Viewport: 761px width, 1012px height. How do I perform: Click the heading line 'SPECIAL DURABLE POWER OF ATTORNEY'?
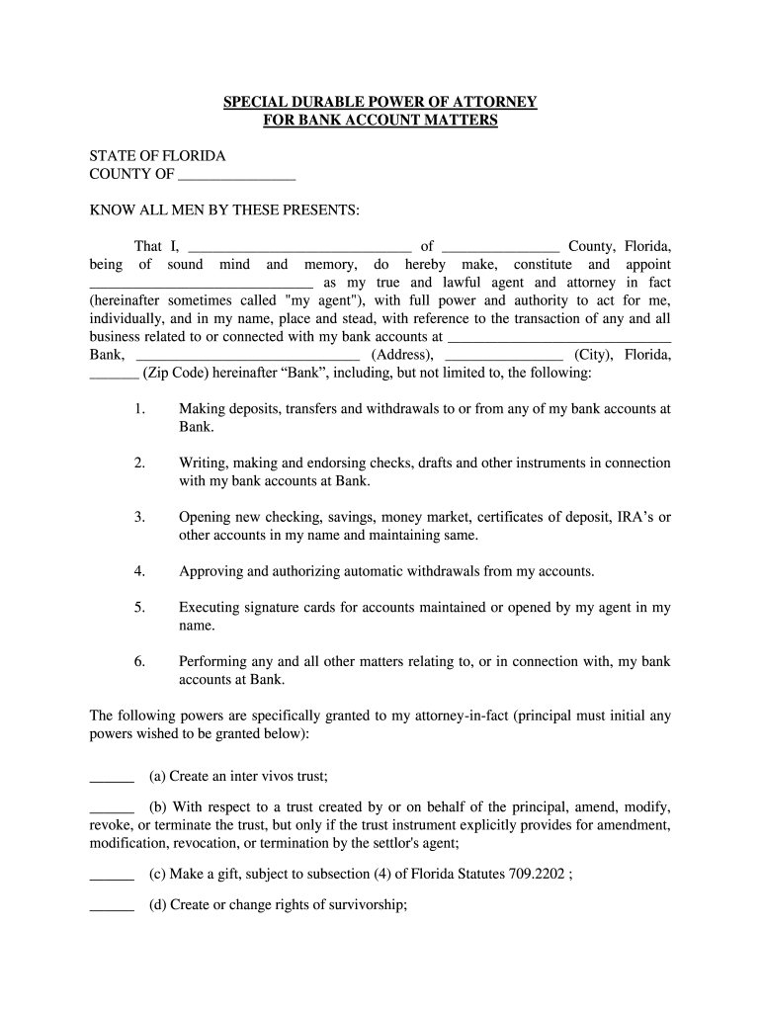pyautogui.click(x=380, y=102)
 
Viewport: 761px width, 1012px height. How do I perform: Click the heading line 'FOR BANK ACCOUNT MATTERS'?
pyautogui.click(x=380, y=121)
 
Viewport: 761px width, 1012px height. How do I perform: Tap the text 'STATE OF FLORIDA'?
pyautogui.click(x=157, y=156)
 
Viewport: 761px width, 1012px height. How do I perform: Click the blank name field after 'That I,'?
pyautogui.click(x=298, y=247)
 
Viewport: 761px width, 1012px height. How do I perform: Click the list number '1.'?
pyautogui.click(x=139, y=409)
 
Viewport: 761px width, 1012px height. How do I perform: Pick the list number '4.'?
pyautogui.click(x=139, y=571)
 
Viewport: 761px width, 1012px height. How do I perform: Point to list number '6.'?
pyautogui.click(x=139, y=662)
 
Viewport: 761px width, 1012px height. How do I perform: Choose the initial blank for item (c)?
pyautogui.click(x=112, y=874)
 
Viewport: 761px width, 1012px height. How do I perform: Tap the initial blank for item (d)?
pyautogui.click(x=112, y=903)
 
